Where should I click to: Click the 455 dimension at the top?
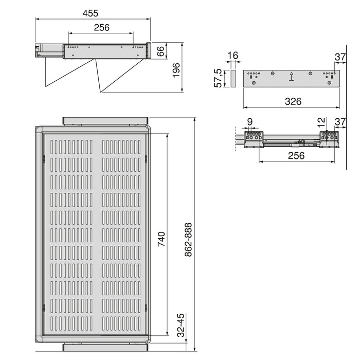(x=93, y=13)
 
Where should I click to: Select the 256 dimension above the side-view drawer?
(x=101, y=28)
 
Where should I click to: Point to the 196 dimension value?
(x=176, y=70)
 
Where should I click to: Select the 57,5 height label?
(x=218, y=79)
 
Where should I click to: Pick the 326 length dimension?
(x=293, y=101)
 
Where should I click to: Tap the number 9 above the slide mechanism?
(x=250, y=122)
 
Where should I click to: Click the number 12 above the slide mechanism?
(x=321, y=122)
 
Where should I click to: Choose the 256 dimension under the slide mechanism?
(x=297, y=155)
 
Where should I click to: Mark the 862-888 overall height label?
(x=188, y=240)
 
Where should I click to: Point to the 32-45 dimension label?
(x=181, y=326)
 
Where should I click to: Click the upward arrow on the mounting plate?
(x=292, y=77)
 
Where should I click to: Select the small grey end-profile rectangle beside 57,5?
(x=232, y=79)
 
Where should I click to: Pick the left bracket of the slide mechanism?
(x=253, y=139)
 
